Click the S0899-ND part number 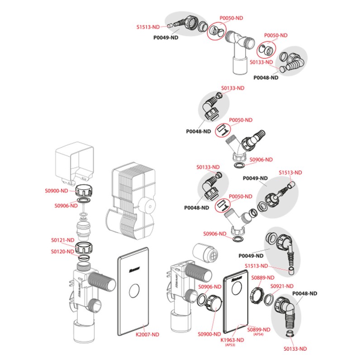(259, 329)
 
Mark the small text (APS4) (259, 335)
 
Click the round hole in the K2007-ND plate (133, 292)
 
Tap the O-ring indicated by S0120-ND (84, 258)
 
